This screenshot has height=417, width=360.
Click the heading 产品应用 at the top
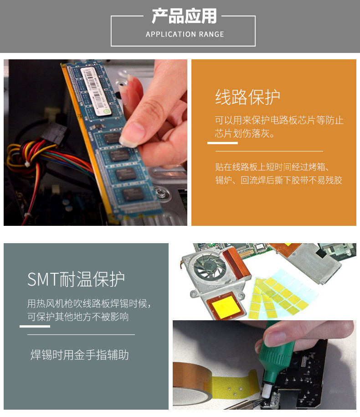click(x=184, y=16)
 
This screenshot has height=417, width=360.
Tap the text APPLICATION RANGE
click(x=185, y=34)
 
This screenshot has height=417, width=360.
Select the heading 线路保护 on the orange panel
click(x=247, y=97)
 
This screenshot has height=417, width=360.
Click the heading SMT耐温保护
click(x=76, y=279)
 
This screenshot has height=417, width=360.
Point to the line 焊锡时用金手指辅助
click(x=79, y=355)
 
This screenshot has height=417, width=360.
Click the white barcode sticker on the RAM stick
click(x=96, y=91)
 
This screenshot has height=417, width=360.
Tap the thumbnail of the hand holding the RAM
click(x=95, y=142)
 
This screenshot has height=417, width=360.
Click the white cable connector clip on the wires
click(x=27, y=164)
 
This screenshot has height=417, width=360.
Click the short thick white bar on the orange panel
click(x=222, y=143)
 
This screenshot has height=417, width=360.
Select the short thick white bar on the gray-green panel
click(x=35, y=326)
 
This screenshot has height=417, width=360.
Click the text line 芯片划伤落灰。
click(x=245, y=134)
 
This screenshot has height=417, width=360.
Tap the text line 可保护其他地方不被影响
click(x=78, y=317)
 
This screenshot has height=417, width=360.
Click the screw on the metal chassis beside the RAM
click(x=160, y=192)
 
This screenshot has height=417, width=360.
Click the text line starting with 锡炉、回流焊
click(x=279, y=180)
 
